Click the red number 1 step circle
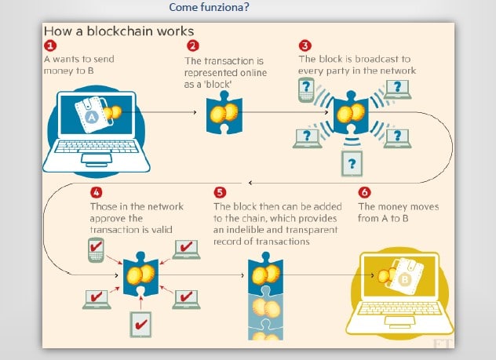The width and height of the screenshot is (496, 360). pos(51,46)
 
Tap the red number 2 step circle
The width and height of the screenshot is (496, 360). pos(192,46)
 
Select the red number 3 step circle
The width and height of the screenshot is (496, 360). pos(305,45)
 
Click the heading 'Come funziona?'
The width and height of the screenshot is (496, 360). pos(209,8)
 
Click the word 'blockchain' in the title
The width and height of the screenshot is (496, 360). pos(137,31)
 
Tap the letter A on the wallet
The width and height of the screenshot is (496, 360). pos(91,115)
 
